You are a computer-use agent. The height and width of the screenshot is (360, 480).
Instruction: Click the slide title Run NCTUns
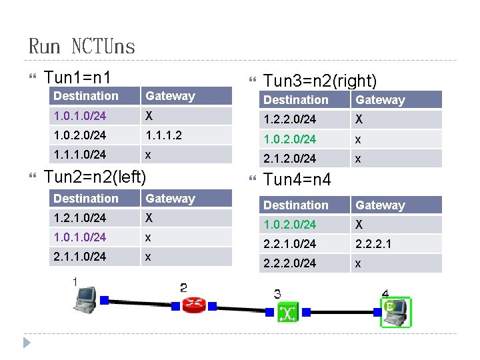pyautogui.click(x=81, y=46)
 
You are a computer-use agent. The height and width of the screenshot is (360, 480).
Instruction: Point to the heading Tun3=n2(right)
pyautogui.click(x=320, y=81)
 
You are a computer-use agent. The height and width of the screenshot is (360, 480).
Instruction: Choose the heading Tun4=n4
pyautogui.click(x=297, y=180)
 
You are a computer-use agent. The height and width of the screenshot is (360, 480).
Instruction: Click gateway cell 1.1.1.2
pyautogui.click(x=163, y=135)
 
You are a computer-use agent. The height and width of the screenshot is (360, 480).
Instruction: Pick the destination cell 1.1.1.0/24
pyautogui.click(x=79, y=154)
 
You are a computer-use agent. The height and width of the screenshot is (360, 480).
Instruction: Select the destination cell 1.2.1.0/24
pyautogui.click(x=79, y=218)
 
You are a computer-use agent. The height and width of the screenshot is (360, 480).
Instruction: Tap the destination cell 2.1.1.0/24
pyautogui.click(x=79, y=257)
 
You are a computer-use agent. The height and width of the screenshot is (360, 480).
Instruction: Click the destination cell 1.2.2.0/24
pyautogui.click(x=289, y=119)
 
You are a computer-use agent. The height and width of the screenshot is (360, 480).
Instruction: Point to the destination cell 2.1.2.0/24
pyautogui.click(x=289, y=158)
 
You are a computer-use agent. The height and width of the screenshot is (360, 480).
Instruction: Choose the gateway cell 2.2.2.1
pyautogui.click(x=373, y=244)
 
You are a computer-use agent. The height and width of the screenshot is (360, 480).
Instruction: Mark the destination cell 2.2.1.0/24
pyautogui.click(x=289, y=244)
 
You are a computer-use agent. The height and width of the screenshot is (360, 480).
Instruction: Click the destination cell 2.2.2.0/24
pyautogui.click(x=289, y=263)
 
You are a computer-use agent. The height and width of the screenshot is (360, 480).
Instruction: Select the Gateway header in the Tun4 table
pyautogui.click(x=380, y=205)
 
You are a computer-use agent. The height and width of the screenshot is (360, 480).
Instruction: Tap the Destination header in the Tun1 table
pyautogui.click(x=85, y=96)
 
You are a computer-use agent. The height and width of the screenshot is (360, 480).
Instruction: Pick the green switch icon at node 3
pyautogui.click(x=288, y=312)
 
